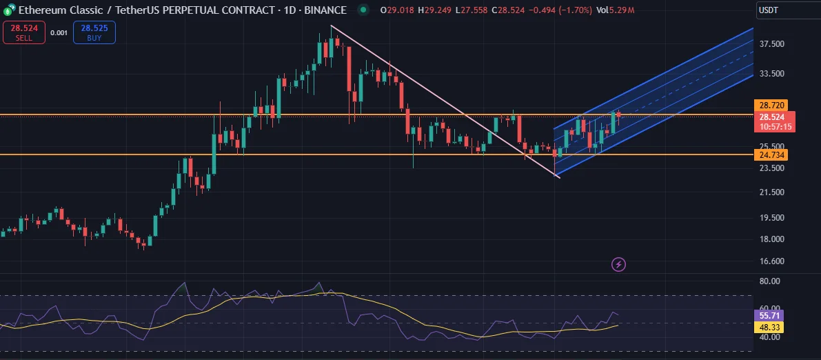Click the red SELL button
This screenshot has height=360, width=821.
coord(24,32)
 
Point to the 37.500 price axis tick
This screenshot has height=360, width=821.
coord(771,44)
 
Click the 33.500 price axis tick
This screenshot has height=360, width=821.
coord(771,74)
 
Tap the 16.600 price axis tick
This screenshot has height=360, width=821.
coord(771,261)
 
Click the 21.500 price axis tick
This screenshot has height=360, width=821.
coord(771,192)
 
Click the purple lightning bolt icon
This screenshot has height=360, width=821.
coord(619,264)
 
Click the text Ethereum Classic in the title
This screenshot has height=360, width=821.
coord(59,10)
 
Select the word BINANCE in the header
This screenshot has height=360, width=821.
coord(323,10)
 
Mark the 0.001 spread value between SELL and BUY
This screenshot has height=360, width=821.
coord(59,32)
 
